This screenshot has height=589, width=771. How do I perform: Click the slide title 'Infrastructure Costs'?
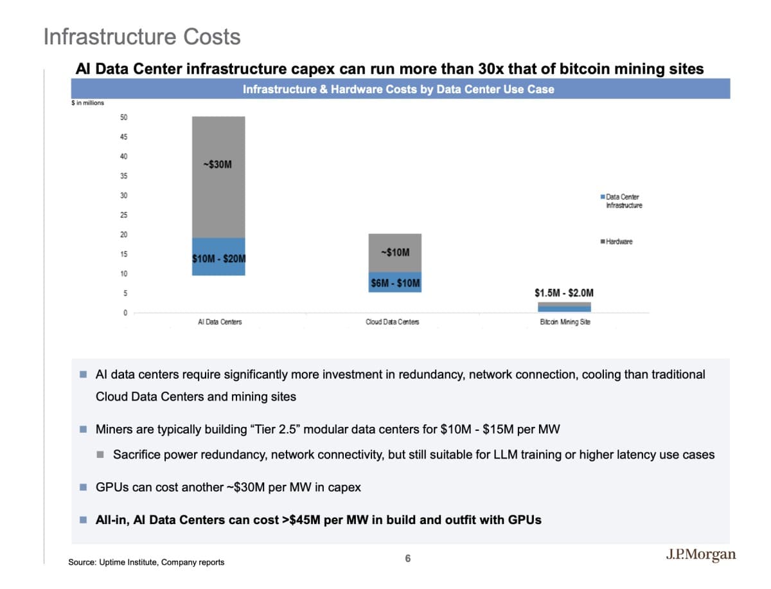click(142, 37)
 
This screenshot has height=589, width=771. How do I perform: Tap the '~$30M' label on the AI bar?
click(217, 165)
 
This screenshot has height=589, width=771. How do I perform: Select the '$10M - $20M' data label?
click(219, 259)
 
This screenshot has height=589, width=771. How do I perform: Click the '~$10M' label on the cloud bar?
click(394, 252)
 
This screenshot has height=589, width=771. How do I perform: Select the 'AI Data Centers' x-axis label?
click(220, 322)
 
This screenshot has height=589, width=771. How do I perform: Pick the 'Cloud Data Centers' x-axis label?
click(392, 322)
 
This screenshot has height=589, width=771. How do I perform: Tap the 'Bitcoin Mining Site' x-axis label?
click(565, 322)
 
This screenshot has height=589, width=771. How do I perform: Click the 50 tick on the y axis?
click(123, 117)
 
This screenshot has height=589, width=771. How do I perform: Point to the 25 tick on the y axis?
click(123, 215)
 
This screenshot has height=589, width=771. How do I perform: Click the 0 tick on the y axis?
click(125, 313)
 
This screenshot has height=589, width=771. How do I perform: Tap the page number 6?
click(407, 558)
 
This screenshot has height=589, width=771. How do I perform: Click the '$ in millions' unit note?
click(87, 103)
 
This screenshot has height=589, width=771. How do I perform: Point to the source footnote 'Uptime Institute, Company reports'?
click(146, 563)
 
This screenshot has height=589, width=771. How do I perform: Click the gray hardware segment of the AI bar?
click(218, 193)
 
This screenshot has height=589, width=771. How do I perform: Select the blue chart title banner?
click(398, 89)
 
